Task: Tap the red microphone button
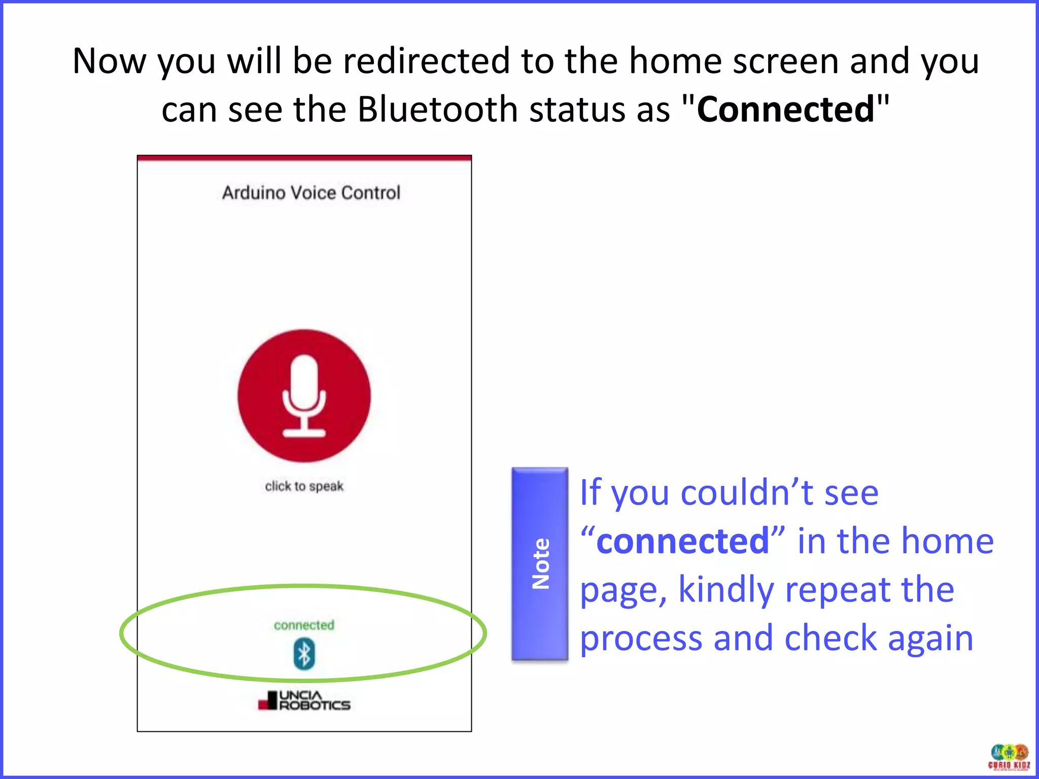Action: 304,396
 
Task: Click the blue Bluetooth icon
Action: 304,654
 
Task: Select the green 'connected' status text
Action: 304,625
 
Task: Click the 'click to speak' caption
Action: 304,486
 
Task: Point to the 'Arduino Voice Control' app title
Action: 311,193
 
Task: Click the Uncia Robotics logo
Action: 304,701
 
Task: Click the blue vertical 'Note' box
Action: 540,563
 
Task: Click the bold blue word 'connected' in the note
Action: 682,541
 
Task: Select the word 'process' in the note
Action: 641,638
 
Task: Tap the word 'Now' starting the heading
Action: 109,61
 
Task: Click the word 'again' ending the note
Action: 930,638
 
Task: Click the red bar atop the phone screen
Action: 304,158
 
